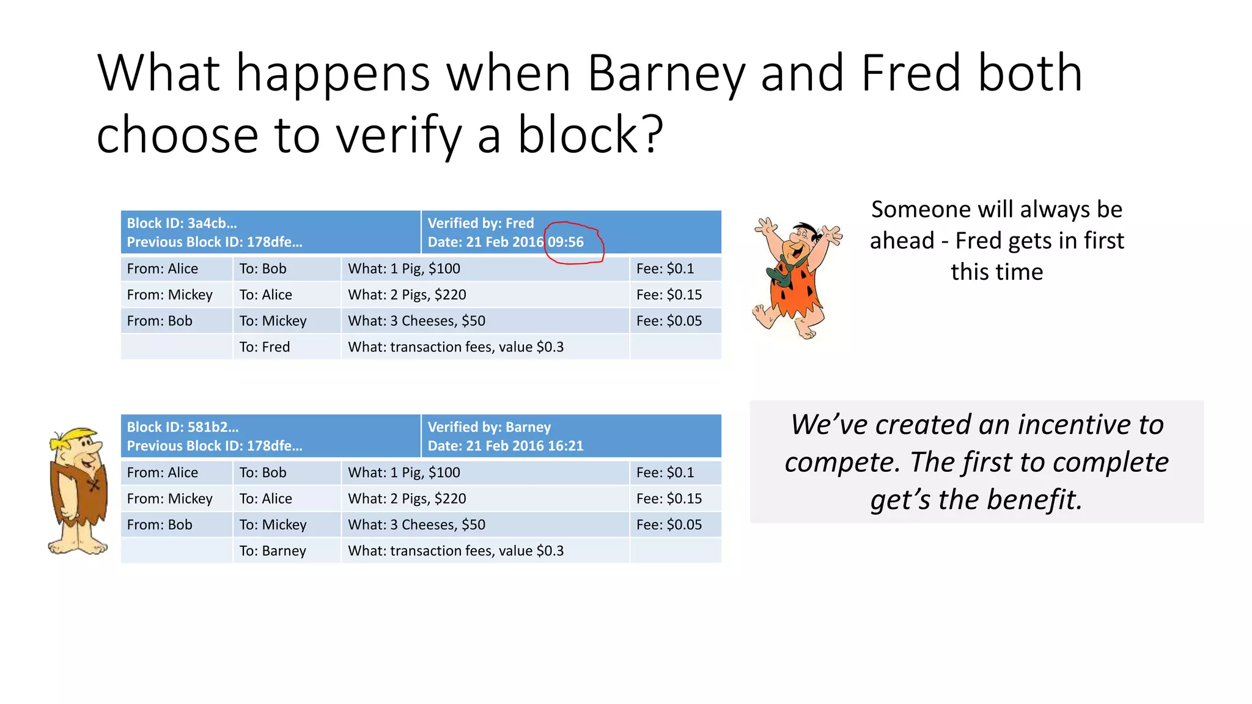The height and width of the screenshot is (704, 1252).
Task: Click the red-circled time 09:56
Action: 566,242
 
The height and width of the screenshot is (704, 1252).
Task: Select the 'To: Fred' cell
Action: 265,347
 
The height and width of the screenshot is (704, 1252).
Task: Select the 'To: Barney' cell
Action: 273,551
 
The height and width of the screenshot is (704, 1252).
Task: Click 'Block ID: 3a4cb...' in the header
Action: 182,223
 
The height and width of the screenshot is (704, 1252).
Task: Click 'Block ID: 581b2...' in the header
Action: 182,427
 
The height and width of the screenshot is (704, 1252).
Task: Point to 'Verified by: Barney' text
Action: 489,427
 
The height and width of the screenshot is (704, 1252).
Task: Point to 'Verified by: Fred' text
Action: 481,223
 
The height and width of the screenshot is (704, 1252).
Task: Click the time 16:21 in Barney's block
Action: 566,446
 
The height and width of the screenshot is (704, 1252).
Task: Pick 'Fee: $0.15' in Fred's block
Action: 669,295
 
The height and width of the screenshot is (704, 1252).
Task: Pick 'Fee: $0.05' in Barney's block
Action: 669,524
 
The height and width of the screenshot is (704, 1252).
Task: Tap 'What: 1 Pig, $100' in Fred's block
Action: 404,268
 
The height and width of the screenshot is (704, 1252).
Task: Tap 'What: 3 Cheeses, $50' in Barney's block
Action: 416,524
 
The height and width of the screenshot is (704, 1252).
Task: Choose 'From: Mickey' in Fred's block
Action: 169,295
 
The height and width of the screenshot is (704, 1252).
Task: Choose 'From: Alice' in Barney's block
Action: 162,472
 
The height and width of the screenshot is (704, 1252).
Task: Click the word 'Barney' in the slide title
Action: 666,73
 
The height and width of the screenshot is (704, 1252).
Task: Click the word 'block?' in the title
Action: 591,134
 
